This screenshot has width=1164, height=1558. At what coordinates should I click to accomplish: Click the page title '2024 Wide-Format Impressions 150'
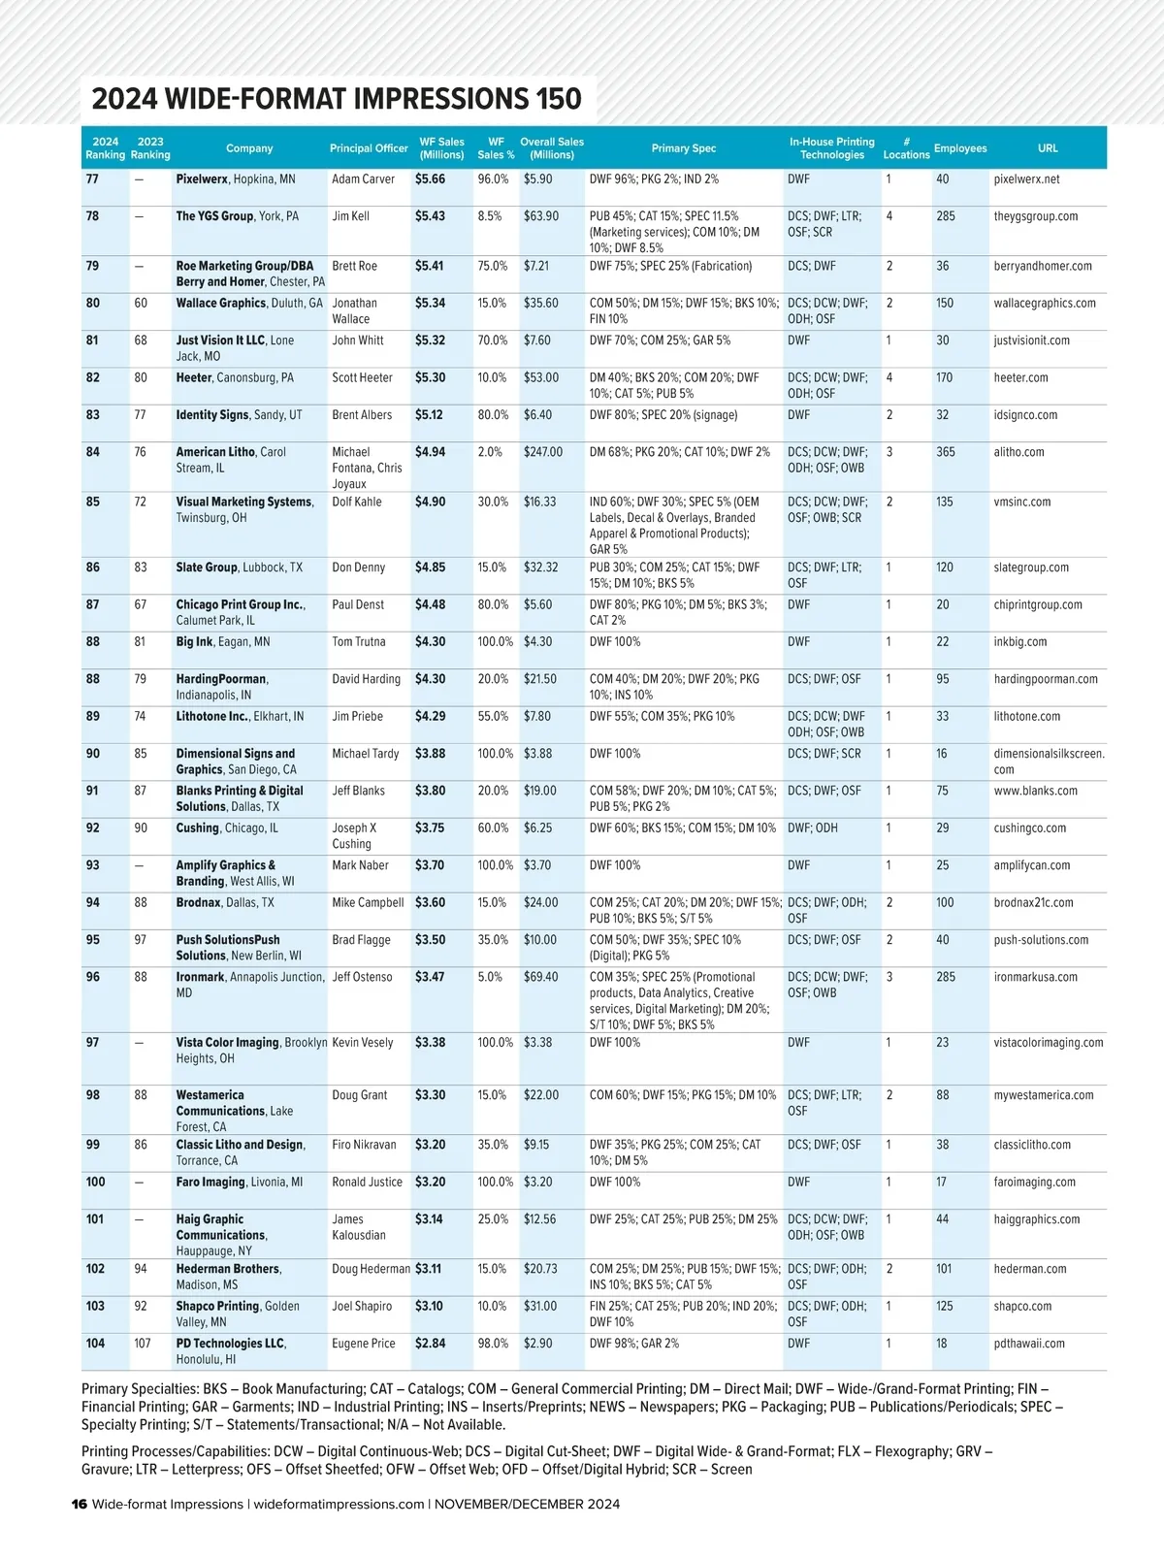click(337, 99)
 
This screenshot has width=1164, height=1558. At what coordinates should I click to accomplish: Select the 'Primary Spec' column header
click(684, 148)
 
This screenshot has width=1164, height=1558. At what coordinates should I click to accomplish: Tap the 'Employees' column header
click(960, 148)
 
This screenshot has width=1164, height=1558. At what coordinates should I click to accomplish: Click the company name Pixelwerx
click(202, 179)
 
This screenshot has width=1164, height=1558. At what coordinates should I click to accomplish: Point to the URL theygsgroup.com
click(1036, 216)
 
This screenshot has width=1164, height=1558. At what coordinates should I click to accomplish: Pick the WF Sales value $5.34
click(431, 304)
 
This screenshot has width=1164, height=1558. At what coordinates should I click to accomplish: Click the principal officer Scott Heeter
click(363, 378)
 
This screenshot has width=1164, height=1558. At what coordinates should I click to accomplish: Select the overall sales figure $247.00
click(543, 452)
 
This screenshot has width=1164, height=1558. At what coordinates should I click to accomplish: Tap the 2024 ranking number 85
click(93, 503)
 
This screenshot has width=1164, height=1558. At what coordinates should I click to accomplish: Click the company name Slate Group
click(207, 568)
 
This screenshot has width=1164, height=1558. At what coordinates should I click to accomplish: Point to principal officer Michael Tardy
click(366, 754)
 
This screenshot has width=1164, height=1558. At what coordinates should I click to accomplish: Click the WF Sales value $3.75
click(431, 828)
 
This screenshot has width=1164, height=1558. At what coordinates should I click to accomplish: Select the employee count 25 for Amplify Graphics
click(943, 865)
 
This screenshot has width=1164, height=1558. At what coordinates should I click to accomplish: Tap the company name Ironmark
click(200, 977)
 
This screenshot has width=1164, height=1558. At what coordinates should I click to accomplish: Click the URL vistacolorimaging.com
click(1049, 1043)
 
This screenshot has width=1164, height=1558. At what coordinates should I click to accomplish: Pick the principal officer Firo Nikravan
click(365, 1145)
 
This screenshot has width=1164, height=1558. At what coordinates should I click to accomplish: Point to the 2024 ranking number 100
click(95, 1183)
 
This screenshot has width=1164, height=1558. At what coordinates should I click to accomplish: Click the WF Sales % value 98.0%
click(493, 1344)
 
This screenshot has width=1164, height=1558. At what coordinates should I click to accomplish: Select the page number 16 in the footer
click(80, 1505)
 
